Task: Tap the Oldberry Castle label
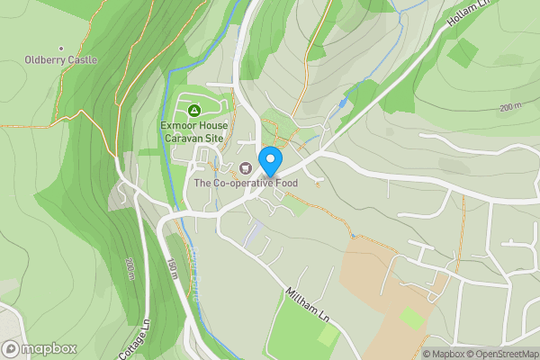pos(61,60)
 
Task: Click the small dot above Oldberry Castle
pos(61,48)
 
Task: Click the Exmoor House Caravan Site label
pos(193,132)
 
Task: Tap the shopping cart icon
pos(246,167)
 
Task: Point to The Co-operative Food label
pos(257,183)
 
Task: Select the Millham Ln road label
pos(307,307)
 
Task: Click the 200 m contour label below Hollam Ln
pos(509,107)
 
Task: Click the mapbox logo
pos(39,348)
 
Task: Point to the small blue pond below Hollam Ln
pos(343,103)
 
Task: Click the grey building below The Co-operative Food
pos(255,235)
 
